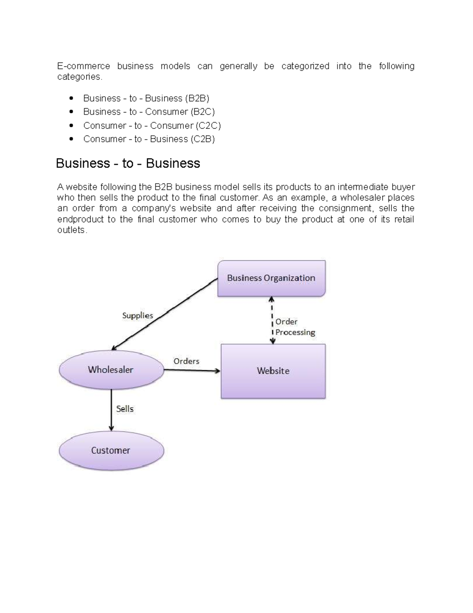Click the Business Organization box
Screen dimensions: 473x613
coord(271,278)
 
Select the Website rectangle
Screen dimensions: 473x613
coord(273,371)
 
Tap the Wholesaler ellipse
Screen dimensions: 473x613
coord(111,370)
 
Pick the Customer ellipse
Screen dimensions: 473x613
coord(111,450)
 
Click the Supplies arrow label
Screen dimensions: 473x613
coord(138,316)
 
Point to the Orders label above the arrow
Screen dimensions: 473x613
coord(186,361)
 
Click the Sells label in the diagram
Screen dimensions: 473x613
coord(125,409)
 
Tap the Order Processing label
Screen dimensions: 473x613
coord(295,327)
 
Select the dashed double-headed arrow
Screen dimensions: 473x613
coord(272,320)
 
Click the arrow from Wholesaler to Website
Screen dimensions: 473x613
coord(192,370)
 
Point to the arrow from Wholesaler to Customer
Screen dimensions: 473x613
coord(111,410)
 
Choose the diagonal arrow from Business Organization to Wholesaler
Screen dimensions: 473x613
coord(164,314)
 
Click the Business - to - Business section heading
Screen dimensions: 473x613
coord(128,163)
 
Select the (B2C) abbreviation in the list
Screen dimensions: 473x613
coord(203,112)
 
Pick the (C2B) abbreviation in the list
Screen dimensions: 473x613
coord(203,139)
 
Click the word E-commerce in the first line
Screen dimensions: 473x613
coord(84,66)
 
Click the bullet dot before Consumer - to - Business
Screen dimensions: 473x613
coord(71,139)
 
